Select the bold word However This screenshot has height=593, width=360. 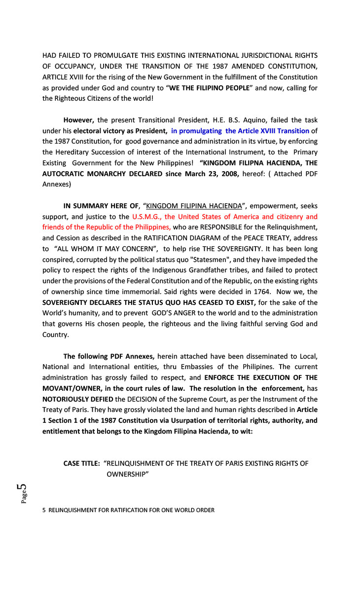pyautogui.click(x=79, y=120)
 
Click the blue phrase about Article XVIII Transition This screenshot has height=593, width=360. pyautogui.click(x=240, y=131)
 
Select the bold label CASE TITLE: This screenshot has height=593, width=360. pyautogui.click(x=82, y=463)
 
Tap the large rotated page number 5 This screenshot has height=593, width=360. pyautogui.click(x=22, y=488)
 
